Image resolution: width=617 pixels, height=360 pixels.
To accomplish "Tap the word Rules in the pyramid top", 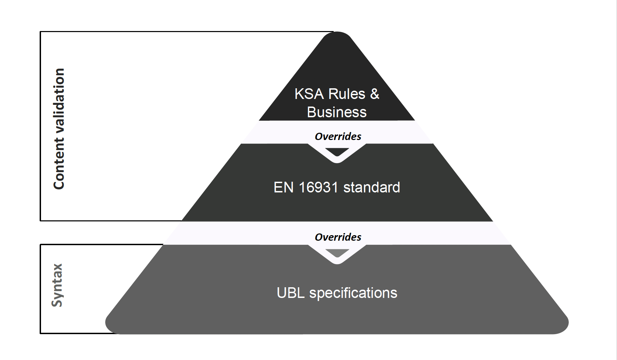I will coord(346,94).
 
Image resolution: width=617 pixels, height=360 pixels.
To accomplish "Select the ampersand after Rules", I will coord(374,94).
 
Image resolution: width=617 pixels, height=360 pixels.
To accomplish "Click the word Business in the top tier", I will coord(337,112).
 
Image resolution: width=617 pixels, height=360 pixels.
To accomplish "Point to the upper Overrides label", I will coord(338,137).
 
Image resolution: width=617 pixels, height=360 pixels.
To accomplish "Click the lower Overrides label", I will coord(338,237).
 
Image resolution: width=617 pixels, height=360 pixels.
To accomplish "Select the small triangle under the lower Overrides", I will coord(337,253).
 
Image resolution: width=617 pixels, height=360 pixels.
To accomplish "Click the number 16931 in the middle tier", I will coord(318,188).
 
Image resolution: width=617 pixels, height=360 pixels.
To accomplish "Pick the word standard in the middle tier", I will coord(372,188).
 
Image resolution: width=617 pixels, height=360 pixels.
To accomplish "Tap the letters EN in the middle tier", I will coord(284,188).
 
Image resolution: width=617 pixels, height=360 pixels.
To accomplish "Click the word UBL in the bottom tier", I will coord(291,293).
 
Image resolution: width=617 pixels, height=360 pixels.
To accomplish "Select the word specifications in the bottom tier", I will coord(353,293).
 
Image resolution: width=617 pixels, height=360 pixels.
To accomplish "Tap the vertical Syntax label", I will coord(57,285).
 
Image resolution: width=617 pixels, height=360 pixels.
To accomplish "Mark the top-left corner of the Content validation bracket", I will coord(41,32).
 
